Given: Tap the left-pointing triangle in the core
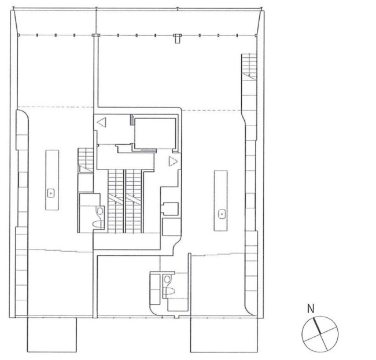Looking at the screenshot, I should tap(102, 122).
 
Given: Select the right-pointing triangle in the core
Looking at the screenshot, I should tap(172, 161).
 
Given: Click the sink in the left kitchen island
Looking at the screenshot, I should tap(50, 192).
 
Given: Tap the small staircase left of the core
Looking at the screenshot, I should tap(85, 160).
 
